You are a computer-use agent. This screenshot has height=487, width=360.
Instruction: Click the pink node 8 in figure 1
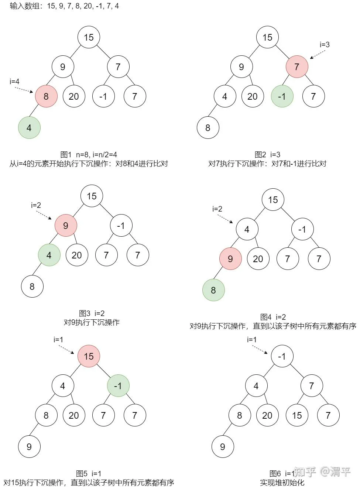tap(46, 96)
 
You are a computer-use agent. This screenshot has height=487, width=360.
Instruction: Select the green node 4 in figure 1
tap(29, 128)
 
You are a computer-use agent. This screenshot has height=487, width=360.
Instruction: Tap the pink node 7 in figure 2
tap(297, 66)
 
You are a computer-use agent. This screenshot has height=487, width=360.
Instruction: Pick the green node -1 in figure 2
tap(282, 96)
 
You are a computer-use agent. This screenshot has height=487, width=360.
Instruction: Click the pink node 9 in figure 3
tap(66, 225)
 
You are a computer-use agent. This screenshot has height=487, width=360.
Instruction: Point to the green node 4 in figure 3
tap(49, 255)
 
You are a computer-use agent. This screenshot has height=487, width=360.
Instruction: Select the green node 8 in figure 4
tap(213, 290)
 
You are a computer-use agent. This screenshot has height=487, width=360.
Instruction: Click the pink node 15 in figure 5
tap(89, 356)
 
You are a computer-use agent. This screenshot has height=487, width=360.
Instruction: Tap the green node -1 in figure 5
tap(118, 385)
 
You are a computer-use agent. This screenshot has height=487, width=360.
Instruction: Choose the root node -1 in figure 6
tap(282, 356)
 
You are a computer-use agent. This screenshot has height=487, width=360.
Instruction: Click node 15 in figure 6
tap(297, 415)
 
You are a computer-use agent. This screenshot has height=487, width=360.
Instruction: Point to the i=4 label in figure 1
tap(14, 82)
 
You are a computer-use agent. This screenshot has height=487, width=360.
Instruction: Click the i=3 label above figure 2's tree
tap(325, 45)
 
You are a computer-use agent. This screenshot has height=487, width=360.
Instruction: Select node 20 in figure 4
tap(258, 259)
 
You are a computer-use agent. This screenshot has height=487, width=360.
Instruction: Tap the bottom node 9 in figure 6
tap(223, 447)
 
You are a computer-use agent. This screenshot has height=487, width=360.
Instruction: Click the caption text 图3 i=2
tap(92, 313)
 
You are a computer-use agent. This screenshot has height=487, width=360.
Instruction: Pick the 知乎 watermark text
tap(305, 471)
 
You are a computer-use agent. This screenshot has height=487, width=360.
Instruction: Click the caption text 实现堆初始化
tap(282, 483)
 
